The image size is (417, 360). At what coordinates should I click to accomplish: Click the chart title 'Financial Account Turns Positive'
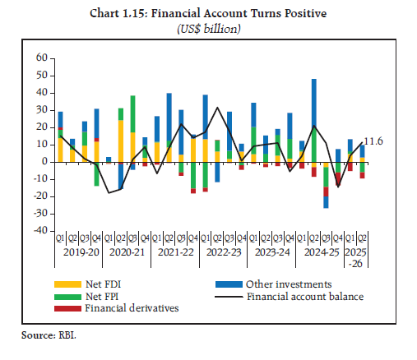pyautogui.click(x=210, y=13)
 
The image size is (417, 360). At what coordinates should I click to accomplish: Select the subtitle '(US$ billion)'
pyautogui.click(x=210, y=28)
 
